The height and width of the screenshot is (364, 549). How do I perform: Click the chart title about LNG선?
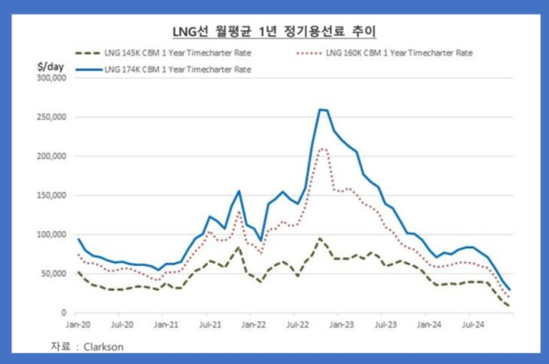point(275,31)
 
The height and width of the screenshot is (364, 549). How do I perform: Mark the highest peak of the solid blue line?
point(321,109)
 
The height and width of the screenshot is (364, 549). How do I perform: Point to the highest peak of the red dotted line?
point(323,148)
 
